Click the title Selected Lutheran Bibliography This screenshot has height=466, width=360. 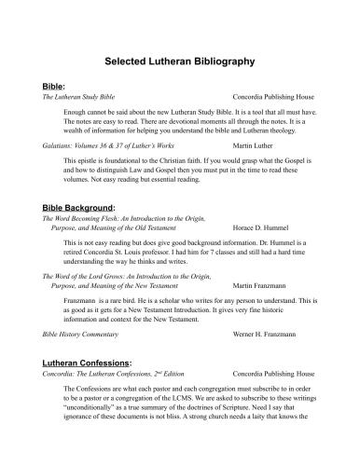pyautogui.click(x=180, y=61)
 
